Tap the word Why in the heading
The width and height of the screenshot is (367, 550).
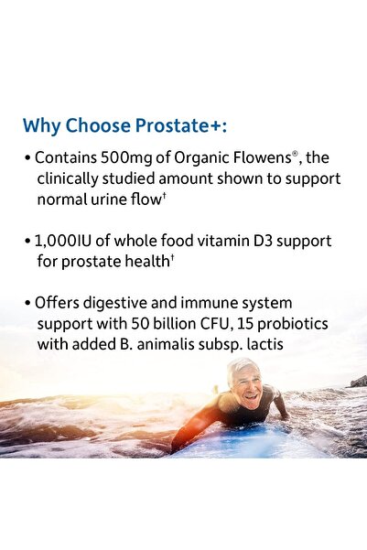[40, 125]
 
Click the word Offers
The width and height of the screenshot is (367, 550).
[58, 304]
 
